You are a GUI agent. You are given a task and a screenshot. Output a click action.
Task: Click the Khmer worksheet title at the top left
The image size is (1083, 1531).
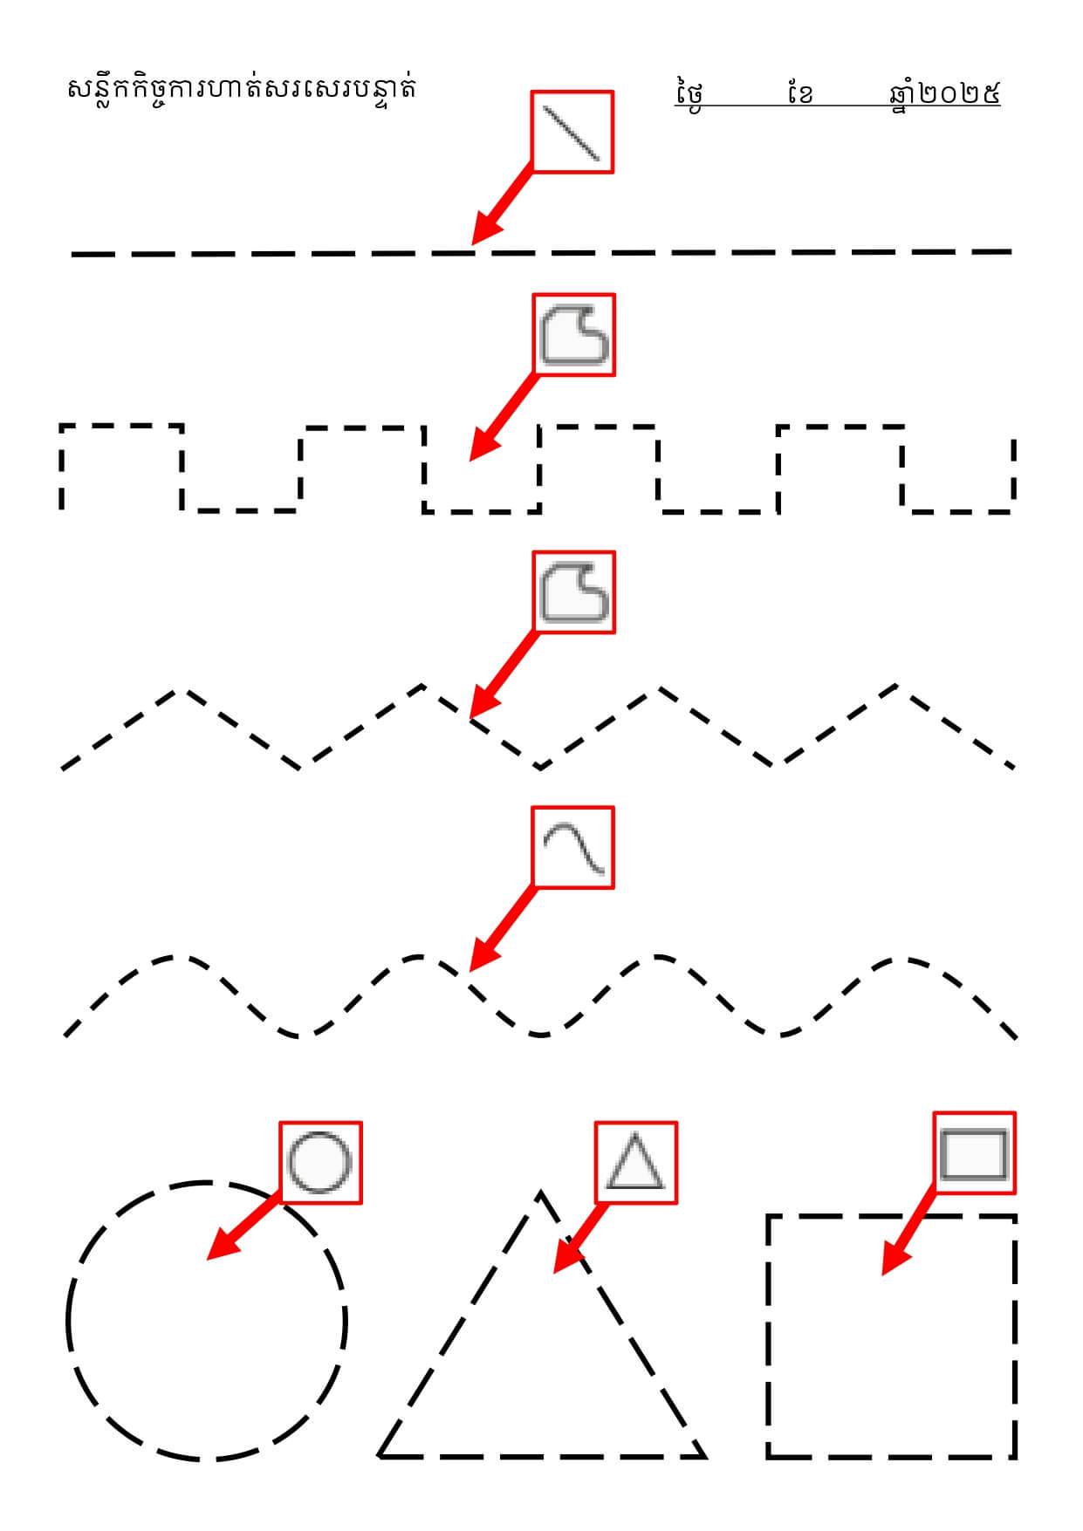tap(241, 88)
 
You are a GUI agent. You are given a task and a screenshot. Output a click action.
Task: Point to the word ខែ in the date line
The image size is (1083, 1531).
tap(799, 92)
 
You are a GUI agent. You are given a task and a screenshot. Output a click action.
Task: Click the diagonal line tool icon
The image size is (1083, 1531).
tap(572, 133)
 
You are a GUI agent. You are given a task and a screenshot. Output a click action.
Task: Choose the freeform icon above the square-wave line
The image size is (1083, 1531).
tap(573, 335)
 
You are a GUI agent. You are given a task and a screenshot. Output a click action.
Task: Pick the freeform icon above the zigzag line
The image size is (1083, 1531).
tap(573, 592)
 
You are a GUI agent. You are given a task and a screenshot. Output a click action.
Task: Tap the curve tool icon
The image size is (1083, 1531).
tap(573, 848)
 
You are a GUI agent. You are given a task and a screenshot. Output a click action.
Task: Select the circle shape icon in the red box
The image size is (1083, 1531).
tap(320, 1163)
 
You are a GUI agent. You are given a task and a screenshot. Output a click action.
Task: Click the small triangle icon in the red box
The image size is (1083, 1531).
tap(636, 1163)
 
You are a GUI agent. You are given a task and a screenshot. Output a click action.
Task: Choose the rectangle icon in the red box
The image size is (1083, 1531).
tap(974, 1153)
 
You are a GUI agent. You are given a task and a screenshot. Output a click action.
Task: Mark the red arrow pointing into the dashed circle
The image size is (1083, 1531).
tap(243, 1226)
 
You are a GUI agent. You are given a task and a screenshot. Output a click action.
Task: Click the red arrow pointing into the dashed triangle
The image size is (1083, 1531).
tap(579, 1239)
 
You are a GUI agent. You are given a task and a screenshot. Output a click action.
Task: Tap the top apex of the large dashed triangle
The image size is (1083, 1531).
tap(541, 1193)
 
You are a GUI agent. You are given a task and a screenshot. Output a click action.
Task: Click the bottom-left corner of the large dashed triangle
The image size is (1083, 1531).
tap(381, 1455)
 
